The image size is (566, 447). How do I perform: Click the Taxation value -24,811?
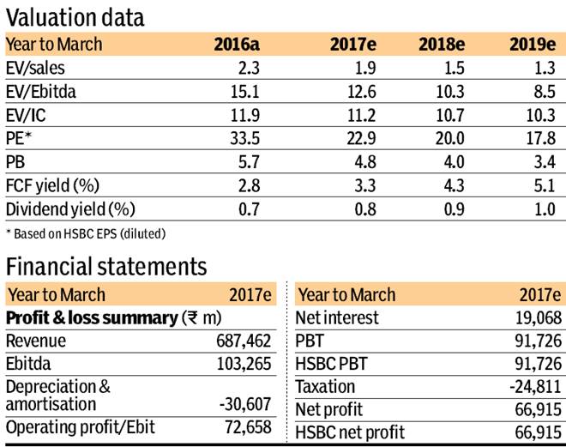[537, 387]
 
